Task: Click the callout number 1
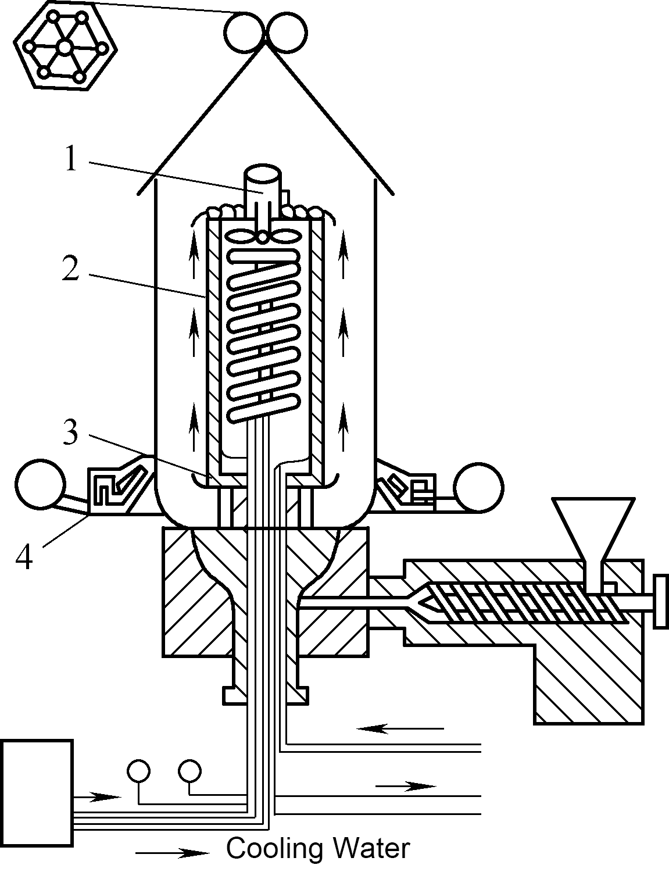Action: click(x=71, y=158)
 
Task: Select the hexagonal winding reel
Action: click(x=66, y=45)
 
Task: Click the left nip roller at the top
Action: click(x=244, y=32)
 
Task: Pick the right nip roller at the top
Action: click(x=287, y=32)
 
